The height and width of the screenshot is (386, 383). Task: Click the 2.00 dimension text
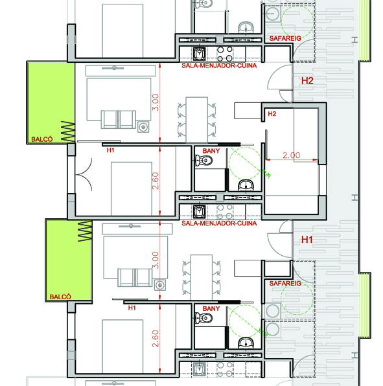292,155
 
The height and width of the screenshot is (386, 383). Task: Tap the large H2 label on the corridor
307,81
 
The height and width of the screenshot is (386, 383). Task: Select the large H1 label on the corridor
307,240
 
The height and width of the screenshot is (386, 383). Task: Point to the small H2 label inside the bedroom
272,114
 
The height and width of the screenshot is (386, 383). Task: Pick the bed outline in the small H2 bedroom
306,135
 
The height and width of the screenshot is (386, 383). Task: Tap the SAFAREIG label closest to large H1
285,283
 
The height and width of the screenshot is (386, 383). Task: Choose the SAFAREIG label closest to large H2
285,38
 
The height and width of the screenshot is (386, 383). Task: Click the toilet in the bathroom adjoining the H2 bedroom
203,161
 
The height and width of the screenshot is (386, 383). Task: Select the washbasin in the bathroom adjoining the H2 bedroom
246,185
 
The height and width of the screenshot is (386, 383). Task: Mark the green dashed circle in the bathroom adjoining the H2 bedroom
245,163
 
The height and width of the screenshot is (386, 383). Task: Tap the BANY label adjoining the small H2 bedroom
211,151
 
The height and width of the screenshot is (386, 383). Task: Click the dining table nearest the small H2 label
196,120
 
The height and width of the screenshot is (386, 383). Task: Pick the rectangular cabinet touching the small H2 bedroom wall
248,111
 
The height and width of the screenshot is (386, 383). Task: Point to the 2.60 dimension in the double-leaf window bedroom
156,181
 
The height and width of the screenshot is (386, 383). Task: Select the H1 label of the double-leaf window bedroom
110,150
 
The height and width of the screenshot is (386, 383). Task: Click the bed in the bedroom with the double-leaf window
132,189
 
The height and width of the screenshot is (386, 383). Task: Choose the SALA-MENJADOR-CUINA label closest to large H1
219,223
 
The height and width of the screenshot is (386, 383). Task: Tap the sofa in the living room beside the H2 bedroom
118,119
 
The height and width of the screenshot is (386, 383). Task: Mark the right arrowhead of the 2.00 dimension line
316,160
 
